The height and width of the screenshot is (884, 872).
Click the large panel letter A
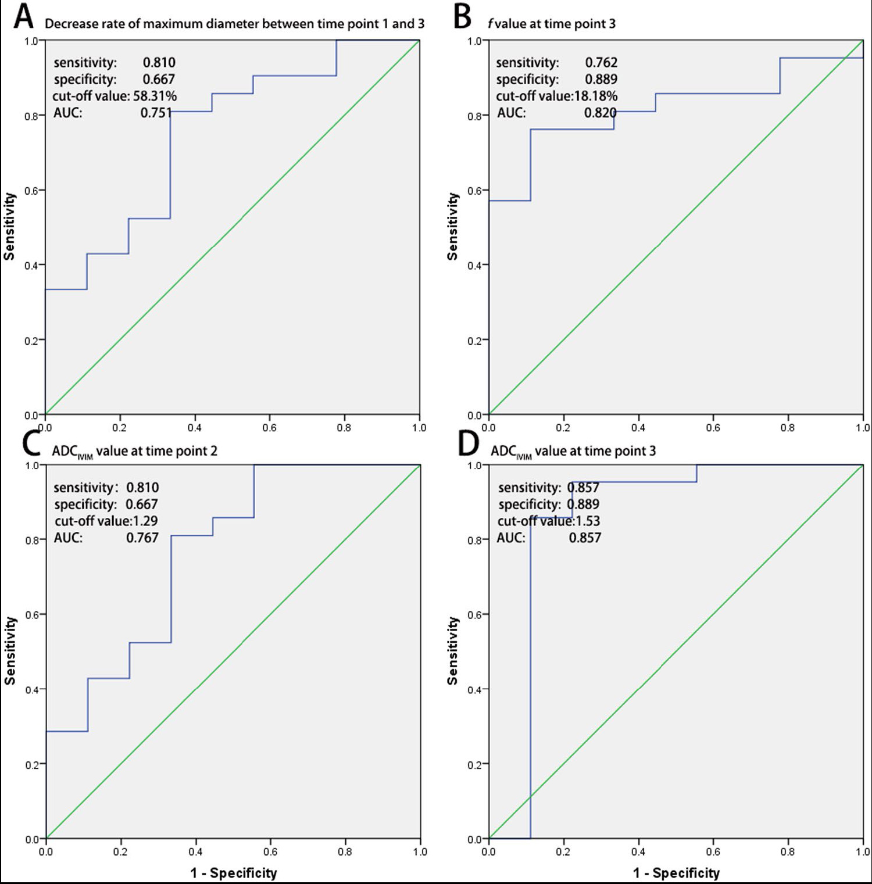pos(23,16)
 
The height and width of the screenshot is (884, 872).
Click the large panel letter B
pos(463,16)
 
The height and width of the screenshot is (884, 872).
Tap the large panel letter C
pos(30,444)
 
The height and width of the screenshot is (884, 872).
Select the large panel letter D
pos(469,444)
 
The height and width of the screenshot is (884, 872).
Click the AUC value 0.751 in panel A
pos(156,113)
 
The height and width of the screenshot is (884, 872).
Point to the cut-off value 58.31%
pos(155,96)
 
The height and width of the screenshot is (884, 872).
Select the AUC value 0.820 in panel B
pos(600,113)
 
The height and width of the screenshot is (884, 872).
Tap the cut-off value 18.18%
pos(596,96)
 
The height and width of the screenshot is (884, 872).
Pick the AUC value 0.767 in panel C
pos(142,538)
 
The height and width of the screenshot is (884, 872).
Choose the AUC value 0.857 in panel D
pos(585,538)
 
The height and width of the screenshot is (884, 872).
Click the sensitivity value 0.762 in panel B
pos(601,62)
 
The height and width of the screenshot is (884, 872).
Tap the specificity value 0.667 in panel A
pos(159,79)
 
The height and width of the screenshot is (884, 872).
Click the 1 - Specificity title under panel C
pos(234,873)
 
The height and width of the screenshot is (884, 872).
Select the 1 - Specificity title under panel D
pos(676,873)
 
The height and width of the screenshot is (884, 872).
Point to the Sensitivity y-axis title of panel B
pos(453,227)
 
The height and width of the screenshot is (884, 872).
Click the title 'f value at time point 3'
pos(552,24)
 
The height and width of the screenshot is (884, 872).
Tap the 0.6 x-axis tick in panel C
pos(270,852)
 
